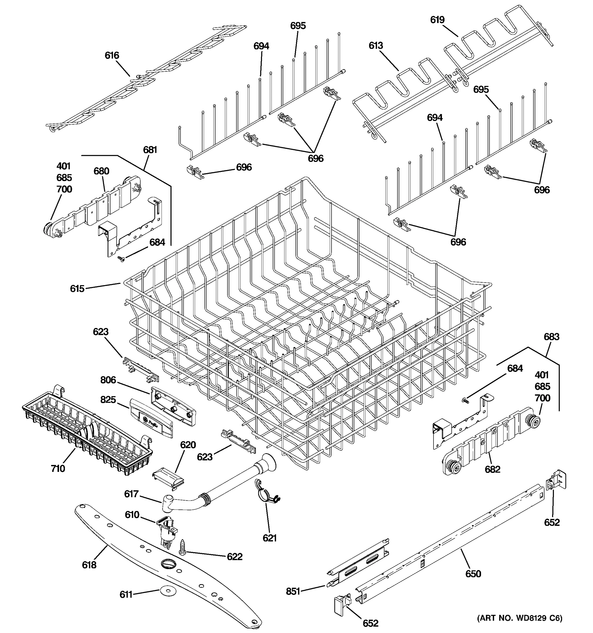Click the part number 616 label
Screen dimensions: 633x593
coord(112,55)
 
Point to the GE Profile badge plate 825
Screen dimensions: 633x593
coord(152,418)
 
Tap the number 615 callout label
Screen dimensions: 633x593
coord(77,289)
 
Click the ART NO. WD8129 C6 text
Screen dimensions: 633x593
coord(519,618)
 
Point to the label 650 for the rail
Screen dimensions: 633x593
coord(473,574)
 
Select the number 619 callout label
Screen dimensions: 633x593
coord(437,20)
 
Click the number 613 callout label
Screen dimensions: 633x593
coord(376,46)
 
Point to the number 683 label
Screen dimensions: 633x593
coord(551,337)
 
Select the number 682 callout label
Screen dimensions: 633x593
coord(493,469)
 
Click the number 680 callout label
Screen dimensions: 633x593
coord(101,171)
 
